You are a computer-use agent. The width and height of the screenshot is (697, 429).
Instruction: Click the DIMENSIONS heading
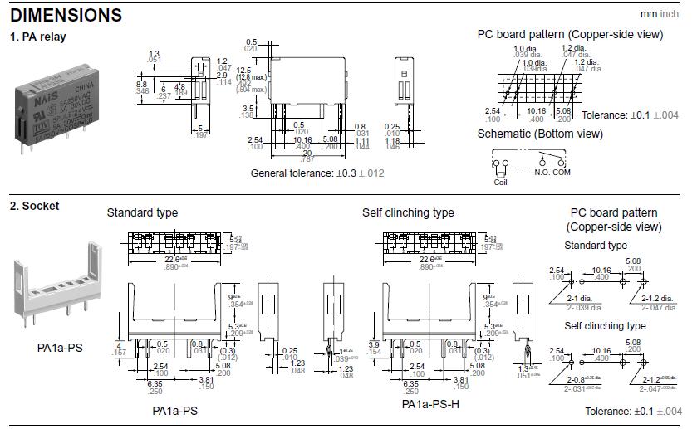(66, 15)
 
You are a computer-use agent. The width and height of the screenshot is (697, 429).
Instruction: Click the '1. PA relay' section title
(37, 37)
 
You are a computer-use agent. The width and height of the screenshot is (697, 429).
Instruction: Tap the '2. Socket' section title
(34, 206)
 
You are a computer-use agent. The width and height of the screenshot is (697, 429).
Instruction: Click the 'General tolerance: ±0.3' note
(317, 173)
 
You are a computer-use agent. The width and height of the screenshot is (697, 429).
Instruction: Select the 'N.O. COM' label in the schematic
(552, 172)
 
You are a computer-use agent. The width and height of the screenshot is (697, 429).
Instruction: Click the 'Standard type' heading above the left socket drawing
(142, 213)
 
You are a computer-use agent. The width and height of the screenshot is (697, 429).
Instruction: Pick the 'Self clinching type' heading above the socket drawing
(408, 213)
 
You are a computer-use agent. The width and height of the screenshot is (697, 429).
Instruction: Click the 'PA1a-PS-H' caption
(430, 404)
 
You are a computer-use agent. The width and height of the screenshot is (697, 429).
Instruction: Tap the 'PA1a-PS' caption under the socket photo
(60, 347)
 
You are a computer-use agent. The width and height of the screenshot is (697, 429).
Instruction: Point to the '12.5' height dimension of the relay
(243, 70)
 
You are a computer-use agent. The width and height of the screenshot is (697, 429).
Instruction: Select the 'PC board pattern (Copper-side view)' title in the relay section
(570, 34)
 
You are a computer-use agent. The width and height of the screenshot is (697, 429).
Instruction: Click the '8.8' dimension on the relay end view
(141, 84)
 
